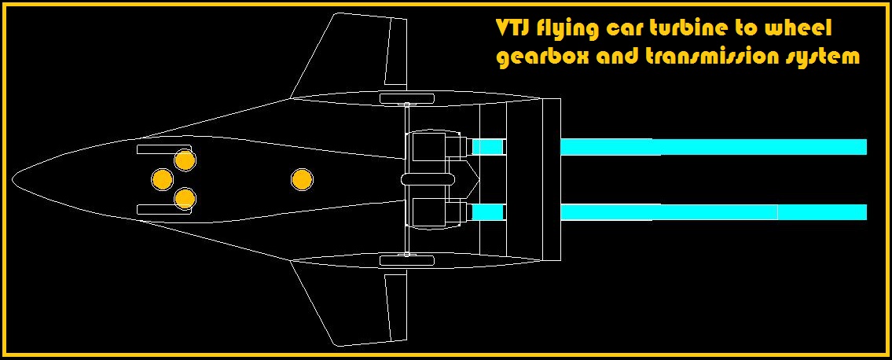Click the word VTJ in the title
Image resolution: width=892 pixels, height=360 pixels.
[x=512, y=29]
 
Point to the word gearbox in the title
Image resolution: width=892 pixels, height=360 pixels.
[x=538, y=57]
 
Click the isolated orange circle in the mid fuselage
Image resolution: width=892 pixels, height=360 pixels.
[x=302, y=180]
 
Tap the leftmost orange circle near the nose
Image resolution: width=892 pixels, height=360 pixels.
[x=162, y=179]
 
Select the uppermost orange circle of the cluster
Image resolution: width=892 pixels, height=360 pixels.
[x=185, y=160]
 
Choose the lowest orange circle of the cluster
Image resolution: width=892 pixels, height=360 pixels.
[x=185, y=198]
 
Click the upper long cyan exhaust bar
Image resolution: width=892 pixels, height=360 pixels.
[x=713, y=147]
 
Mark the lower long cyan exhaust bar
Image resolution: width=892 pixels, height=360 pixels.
[x=713, y=212]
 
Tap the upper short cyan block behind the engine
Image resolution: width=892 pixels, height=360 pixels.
[x=487, y=147]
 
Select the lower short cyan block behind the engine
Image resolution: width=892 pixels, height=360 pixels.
[x=487, y=212]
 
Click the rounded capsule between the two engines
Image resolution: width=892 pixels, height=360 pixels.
[x=428, y=180]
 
